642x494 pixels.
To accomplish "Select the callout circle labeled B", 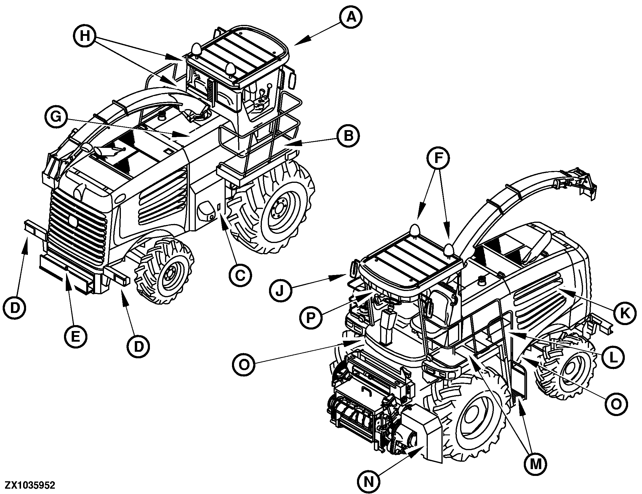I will [349, 136].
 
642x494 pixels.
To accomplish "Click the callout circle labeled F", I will [438, 159].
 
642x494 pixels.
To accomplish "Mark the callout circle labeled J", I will [281, 290].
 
